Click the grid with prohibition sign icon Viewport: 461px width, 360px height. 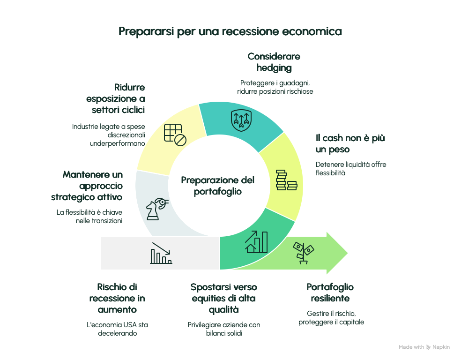[175, 135]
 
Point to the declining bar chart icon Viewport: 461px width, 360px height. [161, 253]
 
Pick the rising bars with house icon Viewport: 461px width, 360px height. [256, 242]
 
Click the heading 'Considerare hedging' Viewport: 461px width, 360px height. [274, 62]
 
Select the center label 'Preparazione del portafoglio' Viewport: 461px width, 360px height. [217, 186]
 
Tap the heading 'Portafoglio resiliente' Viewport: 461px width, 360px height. [330, 292]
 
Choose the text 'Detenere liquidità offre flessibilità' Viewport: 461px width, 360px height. [351, 169]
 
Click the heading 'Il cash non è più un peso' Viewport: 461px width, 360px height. [350, 143]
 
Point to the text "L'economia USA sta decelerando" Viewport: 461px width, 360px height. [117, 329]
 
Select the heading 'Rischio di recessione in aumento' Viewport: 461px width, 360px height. [117, 298]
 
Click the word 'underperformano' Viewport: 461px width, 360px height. [117, 143]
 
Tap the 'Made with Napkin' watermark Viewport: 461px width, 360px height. [424, 347]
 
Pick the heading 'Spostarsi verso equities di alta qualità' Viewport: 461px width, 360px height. [224, 298]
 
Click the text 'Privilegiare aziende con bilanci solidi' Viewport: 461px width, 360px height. [224, 329]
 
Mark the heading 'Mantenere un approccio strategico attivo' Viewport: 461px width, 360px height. [87, 186]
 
